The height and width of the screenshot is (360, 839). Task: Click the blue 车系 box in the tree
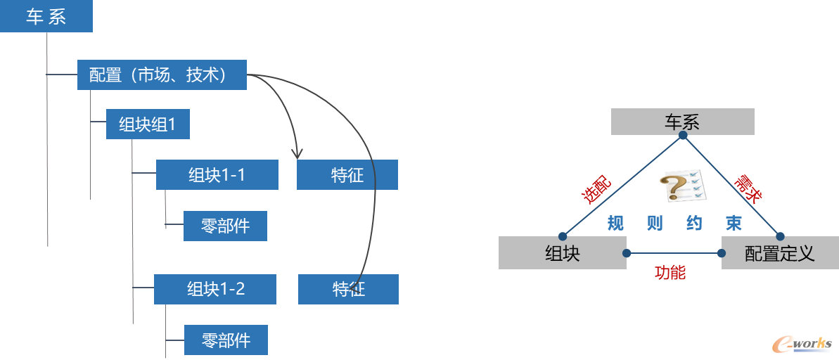click(46, 17)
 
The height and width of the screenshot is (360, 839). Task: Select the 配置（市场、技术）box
click(162, 75)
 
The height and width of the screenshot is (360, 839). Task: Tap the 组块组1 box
click(148, 124)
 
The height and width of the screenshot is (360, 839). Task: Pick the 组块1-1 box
click(217, 175)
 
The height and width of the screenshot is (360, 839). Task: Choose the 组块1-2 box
click(214, 289)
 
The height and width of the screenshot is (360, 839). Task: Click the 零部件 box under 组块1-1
click(225, 226)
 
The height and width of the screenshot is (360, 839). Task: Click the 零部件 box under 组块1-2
click(226, 340)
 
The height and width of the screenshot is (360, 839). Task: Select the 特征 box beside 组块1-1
click(347, 175)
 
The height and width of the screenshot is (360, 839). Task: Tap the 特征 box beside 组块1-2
click(348, 289)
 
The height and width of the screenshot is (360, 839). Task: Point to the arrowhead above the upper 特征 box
click(297, 153)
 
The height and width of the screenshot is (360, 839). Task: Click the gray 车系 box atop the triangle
click(682, 122)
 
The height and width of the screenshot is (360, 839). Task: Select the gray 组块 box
click(562, 253)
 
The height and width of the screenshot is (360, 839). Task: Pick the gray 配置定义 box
click(779, 253)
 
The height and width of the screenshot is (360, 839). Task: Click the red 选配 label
click(596, 189)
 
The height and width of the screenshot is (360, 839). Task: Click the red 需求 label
click(748, 189)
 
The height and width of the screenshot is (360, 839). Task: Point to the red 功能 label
click(670, 273)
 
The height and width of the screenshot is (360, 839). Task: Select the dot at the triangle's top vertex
click(682, 135)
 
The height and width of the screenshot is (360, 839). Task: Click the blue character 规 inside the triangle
click(615, 224)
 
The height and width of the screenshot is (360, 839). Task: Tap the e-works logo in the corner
click(802, 342)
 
